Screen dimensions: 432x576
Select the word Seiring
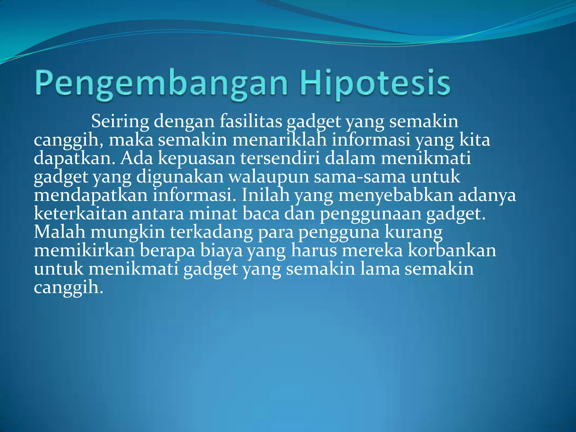coord(120,121)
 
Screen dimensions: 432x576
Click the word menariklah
coord(279,140)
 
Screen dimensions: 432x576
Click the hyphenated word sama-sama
coord(360,177)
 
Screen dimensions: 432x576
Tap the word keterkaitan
coord(80,214)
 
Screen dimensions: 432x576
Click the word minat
coord(213,214)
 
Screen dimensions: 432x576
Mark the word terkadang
coord(211,232)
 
